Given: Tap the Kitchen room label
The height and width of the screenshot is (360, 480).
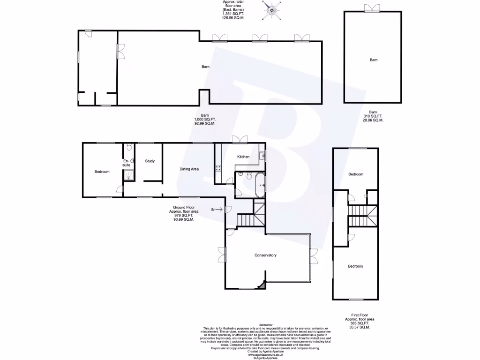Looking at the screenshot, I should coord(243,157).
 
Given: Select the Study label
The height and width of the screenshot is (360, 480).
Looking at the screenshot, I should coord(150,162).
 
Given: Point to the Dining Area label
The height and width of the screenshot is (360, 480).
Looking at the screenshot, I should coord(189,169).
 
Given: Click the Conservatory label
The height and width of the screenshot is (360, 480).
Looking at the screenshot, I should coord(265,255).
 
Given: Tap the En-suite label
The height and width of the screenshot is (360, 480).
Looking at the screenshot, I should coord(127,163).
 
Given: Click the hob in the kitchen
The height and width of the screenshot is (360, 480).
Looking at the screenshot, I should coord(218,168).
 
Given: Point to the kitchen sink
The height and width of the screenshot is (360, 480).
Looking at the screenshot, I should coord(263,154).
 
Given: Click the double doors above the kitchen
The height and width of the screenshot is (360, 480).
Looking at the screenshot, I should coord(242,138).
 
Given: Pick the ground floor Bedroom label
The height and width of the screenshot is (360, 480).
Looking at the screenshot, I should coord(102,172).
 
